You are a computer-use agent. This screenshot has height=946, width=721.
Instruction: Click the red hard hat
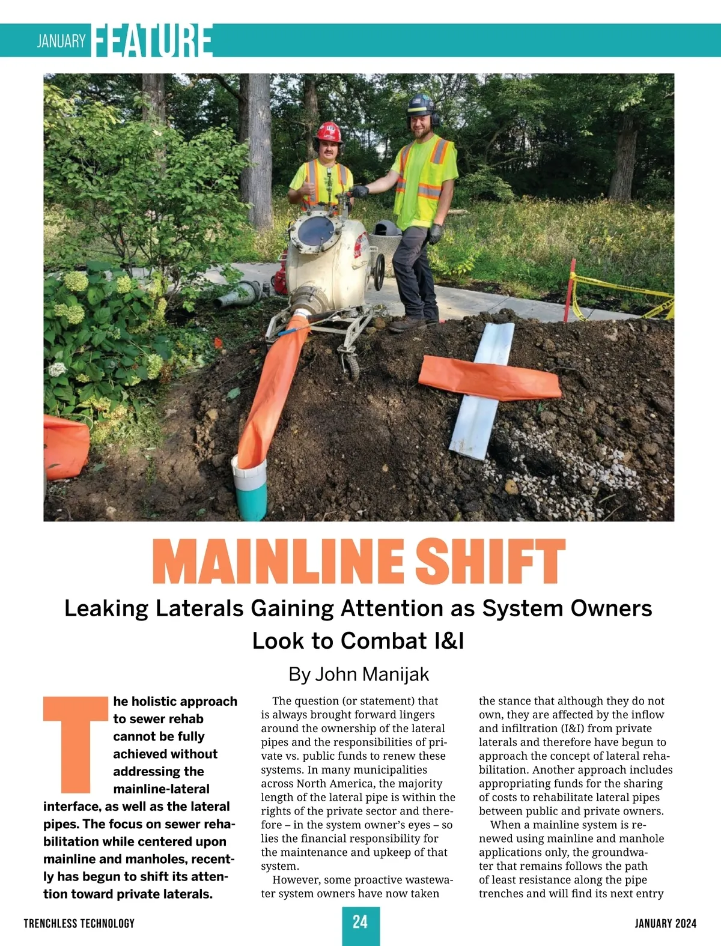click(329, 132)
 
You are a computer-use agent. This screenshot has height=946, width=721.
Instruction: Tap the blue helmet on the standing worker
click(420, 105)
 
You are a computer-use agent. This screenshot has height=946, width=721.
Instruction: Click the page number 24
click(360, 922)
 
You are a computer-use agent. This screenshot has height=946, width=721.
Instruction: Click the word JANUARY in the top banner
click(61, 41)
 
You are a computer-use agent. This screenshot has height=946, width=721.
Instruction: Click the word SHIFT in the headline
click(490, 562)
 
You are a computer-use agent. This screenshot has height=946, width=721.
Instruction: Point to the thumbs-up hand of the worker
click(308, 189)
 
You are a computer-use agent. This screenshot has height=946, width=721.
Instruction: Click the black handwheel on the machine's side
click(379, 271)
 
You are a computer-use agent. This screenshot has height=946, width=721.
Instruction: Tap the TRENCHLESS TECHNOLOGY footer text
click(79, 923)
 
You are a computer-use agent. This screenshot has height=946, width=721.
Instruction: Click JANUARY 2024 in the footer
click(665, 923)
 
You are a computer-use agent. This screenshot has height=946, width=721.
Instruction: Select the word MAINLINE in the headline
click(278, 562)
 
